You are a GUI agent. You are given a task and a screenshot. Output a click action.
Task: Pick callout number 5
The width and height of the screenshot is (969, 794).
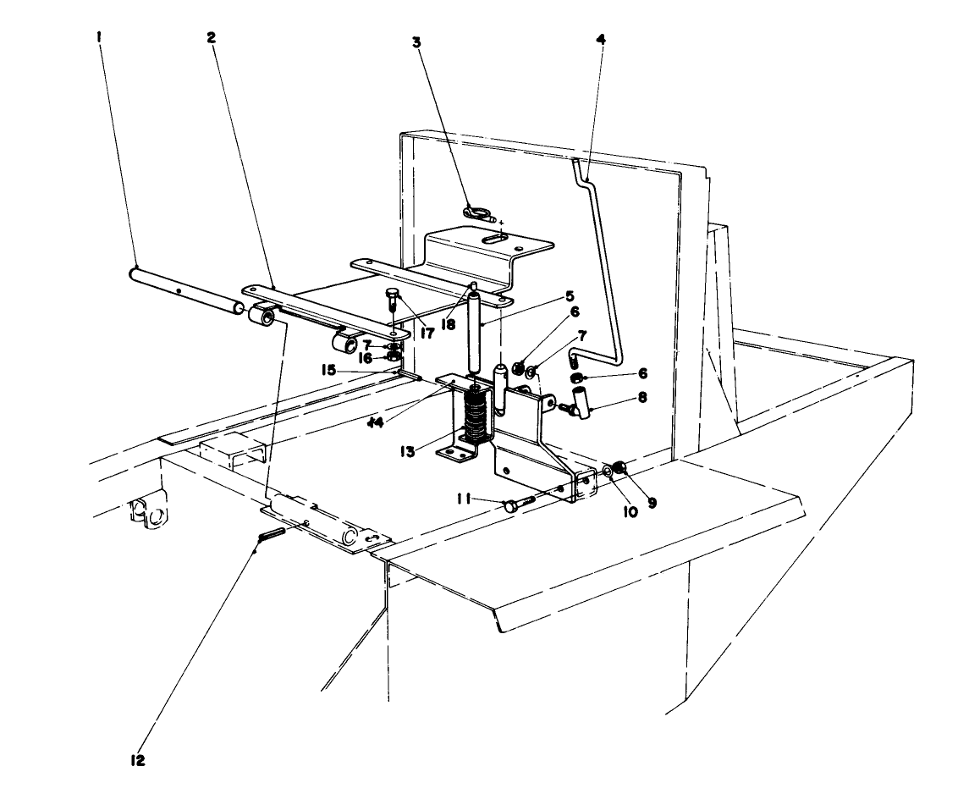[570, 296]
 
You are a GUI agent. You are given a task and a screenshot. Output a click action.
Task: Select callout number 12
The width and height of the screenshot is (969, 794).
[138, 760]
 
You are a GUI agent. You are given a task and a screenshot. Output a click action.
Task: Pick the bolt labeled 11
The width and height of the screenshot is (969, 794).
[517, 505]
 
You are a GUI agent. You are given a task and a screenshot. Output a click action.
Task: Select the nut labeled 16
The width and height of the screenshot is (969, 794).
[394, 356]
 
